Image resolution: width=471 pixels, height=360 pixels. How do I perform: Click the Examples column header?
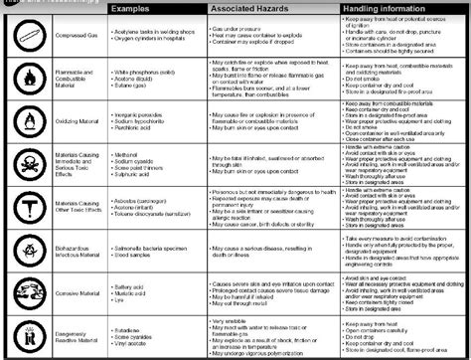point(131,8)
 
